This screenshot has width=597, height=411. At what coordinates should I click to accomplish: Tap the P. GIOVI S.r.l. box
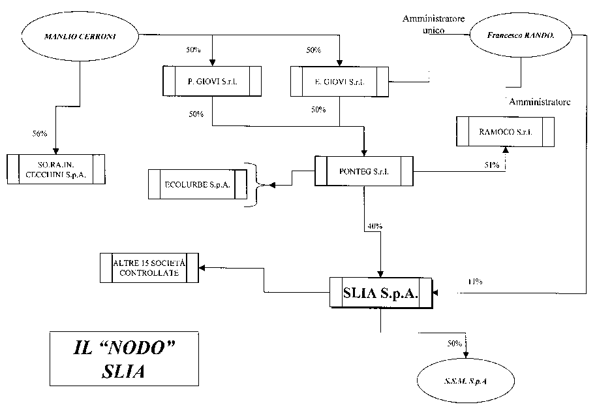[211, 81]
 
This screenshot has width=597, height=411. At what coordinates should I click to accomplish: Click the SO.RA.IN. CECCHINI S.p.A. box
[56, 169]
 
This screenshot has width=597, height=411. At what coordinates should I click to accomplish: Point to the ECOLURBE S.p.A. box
[198, 184]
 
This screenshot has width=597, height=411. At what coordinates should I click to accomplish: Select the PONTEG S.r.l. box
[363, 171]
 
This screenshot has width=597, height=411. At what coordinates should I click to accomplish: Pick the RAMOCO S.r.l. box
[505, 132]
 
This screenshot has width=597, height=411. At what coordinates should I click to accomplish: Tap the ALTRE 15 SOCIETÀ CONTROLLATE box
[149, 268]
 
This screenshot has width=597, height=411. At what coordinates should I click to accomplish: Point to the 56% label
[40, 133]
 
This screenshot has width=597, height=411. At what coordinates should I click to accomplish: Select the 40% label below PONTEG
[375, 226]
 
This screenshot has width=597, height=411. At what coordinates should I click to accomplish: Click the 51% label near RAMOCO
[491, 166]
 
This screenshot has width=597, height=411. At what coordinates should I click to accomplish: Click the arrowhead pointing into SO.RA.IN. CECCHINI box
[56, 150]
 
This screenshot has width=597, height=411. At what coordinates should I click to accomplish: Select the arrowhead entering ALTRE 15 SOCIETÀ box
[202, 268]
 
